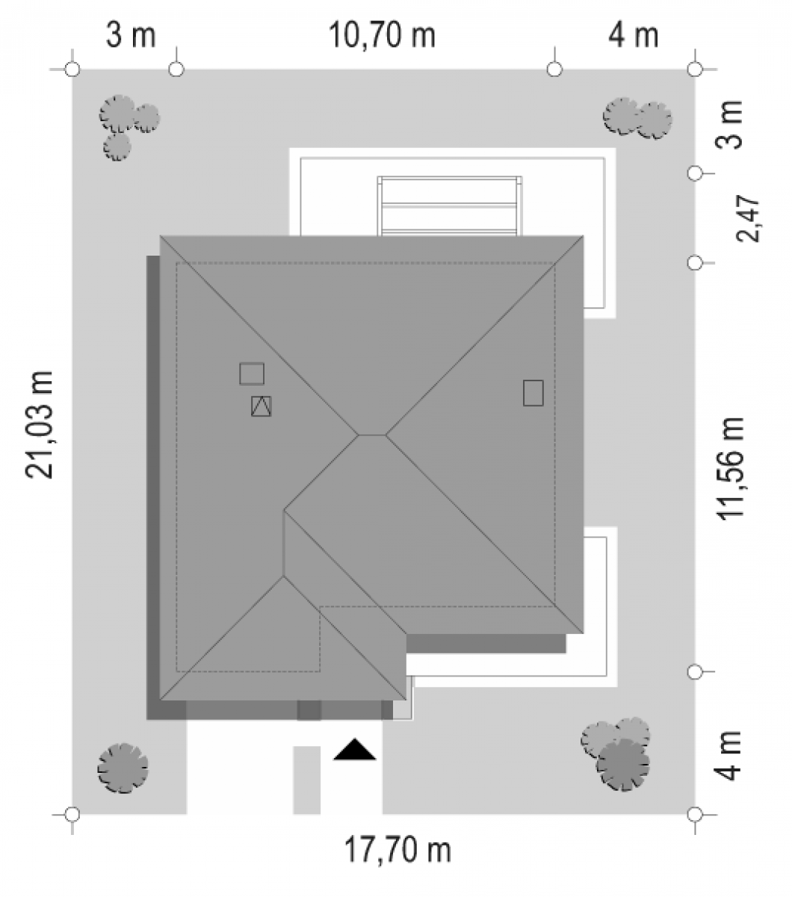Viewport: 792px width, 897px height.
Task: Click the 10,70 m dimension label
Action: click(382, 35)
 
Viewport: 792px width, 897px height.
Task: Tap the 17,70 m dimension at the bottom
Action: click(397, 850)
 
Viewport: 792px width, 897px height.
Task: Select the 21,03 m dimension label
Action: click(40, 425)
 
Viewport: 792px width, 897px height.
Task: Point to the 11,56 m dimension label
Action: click(731, 469)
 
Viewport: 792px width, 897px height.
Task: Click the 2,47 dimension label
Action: click(747, 219)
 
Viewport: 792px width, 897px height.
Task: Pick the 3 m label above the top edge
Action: click(131, 35)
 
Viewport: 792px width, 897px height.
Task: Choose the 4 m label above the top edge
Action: click(634, 35)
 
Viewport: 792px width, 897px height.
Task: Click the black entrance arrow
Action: click(355, 749)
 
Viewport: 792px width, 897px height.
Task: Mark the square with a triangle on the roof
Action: click(262, 406)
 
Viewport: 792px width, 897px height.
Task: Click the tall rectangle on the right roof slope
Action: click(533, 393)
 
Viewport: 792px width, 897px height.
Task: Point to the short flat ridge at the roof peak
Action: click(372, 435)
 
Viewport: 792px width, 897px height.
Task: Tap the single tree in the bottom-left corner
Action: click(123, 768)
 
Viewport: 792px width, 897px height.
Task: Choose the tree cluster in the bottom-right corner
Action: click(616, 754)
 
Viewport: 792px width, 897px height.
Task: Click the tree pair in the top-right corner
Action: click(637, 117)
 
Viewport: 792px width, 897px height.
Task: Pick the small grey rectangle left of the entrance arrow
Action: click(307, 780)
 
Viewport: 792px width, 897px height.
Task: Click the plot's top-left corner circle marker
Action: click(72, 70)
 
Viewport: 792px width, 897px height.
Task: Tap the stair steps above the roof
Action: click(449, 206)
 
